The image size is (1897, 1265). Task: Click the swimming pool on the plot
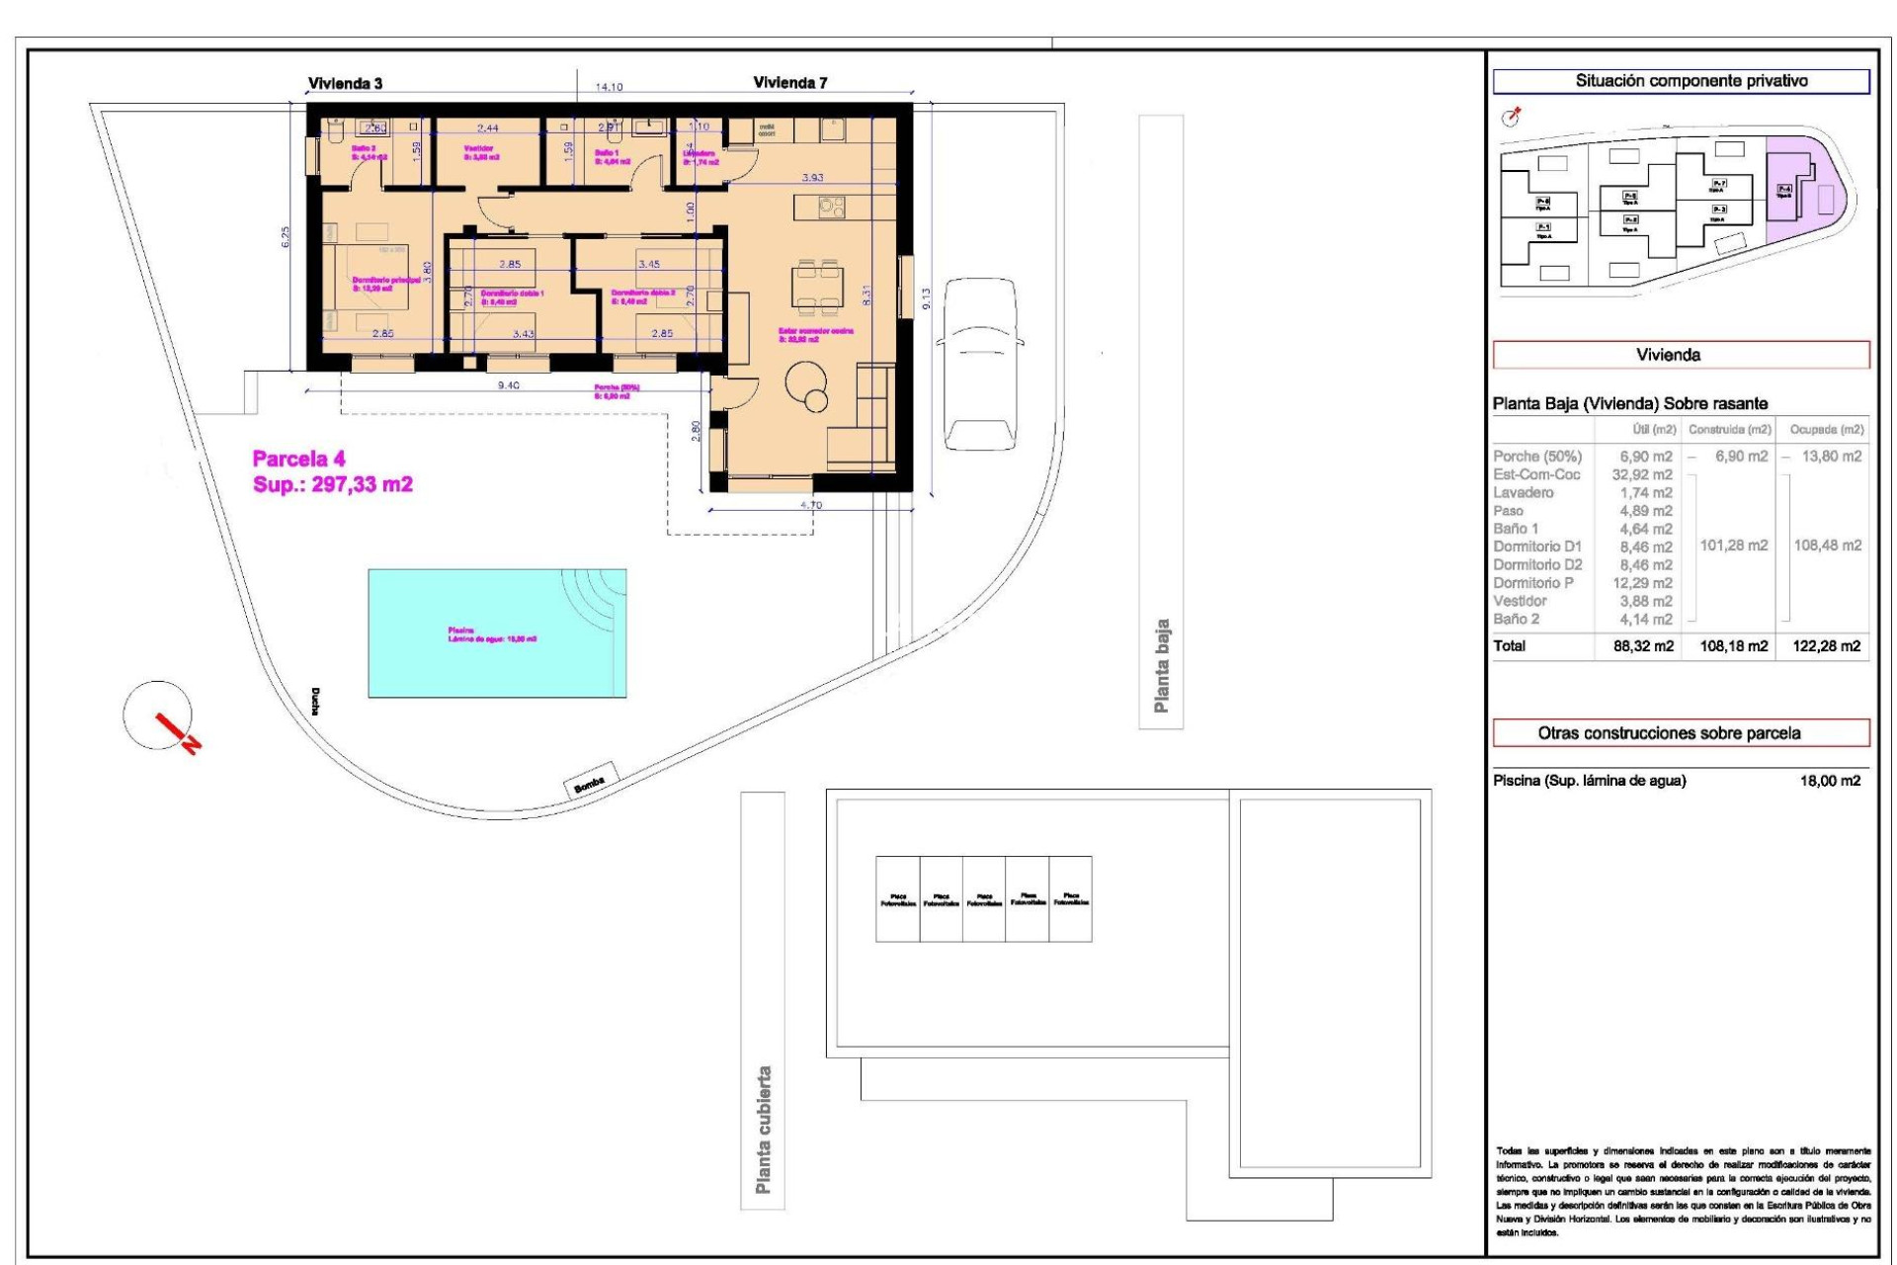coord(497,632)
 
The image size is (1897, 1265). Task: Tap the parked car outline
coord(980,363)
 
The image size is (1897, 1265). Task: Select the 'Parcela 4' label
coord(298,459)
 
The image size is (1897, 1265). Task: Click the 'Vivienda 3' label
coord(345,84)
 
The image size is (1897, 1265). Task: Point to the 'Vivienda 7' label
coord(789,83)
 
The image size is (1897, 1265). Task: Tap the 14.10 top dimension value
coord(609,87)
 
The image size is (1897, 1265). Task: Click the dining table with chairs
coord(818,286)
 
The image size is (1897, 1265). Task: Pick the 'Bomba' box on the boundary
coord(590,780)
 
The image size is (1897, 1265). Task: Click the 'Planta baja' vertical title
coord(1161,666)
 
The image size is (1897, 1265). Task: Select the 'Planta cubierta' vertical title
coord(763,1130)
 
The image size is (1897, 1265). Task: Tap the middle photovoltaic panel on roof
coord(984,899)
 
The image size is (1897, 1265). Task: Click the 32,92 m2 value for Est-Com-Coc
coord(1642,474)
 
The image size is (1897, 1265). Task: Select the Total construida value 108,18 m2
coord(1733,646)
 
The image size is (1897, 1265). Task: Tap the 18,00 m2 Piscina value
coord(1830,781)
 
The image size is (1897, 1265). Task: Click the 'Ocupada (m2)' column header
coord(1826,430)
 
